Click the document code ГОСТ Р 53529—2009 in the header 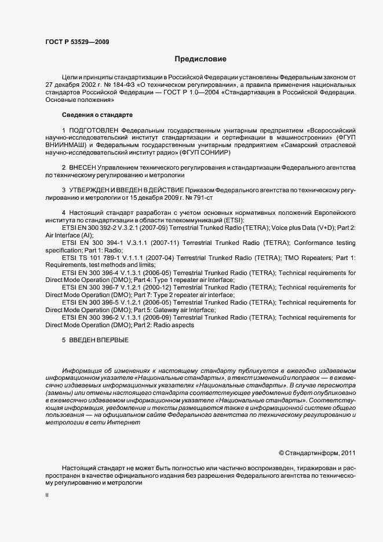click(77, 41)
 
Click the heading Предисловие click(200, 58)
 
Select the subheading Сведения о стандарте click(97, 115)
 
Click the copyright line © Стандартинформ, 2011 click(317, 452)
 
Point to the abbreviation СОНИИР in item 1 click(217, 153)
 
